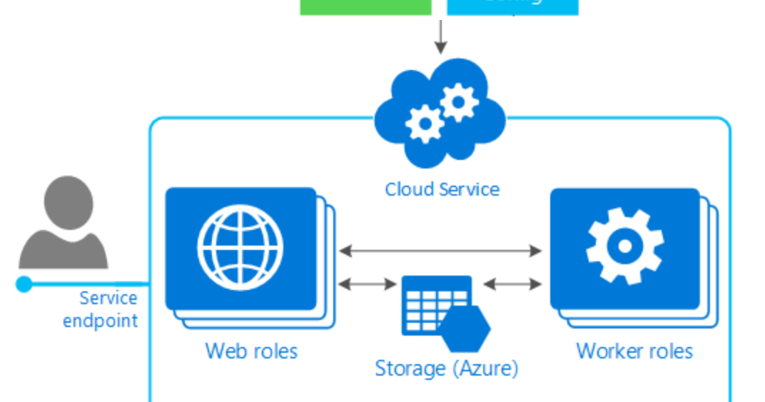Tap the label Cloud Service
click(x=442, y=189)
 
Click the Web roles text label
click(x=251, y=351)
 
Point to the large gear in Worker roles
click(x=624, y=246)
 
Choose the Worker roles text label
click(x=634, y=351)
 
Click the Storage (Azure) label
click(x=446, y=368)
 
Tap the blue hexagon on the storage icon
click(x=465, y=329)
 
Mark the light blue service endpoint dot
click(x=24, y=284)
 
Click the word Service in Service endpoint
click(x=108, y=298)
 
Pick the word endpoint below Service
click(x=100, y=321)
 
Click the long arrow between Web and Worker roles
click(x=440, y=251)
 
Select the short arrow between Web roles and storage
click(x=367, y=284)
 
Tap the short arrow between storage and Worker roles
click(x=512, y=284)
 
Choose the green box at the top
click(x=365, y=6)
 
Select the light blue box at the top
click(x=512, y=6)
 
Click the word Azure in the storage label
click(x=483, y=368)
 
